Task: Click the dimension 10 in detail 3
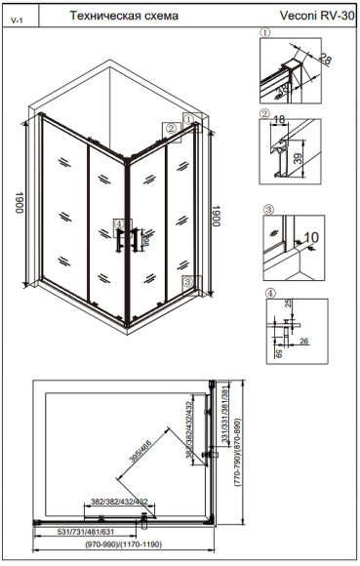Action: tap(313, 237)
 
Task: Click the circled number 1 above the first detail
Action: tap(264, 32)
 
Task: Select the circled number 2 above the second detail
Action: tap(264, 112)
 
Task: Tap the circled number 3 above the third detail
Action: tap(267, 209)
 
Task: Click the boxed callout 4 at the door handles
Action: tap(120, 223)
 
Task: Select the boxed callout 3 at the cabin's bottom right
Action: tap(197, 282)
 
